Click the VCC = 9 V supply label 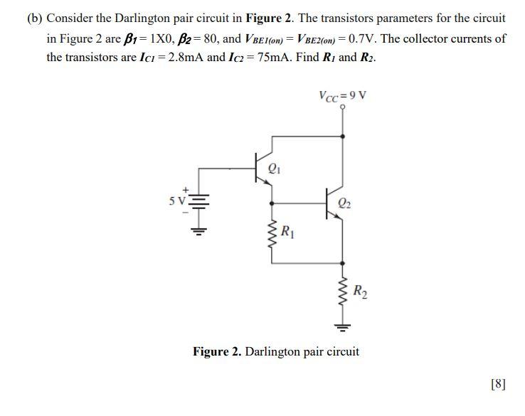(344, 96)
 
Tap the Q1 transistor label (275, 169)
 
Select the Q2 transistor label (345, 201)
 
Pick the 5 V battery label (176, 201)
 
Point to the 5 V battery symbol (198, 202)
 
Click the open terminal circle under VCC (344, 107)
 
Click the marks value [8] (498, 384)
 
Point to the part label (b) (35, 17)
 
